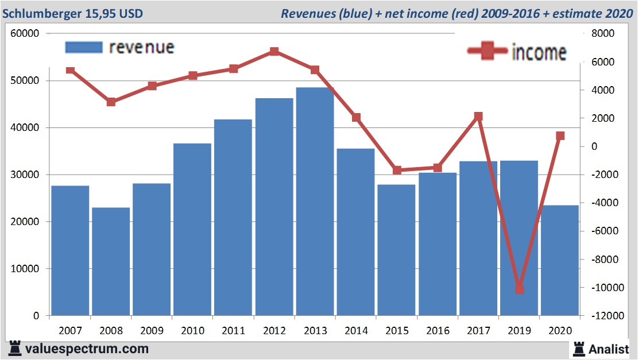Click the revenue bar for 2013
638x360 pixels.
pyautogui.click(x=315, y=201)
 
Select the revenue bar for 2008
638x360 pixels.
pyautogui.click(x=111, y=261)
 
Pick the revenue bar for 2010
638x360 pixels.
pyautogui.click(x=192, y=229)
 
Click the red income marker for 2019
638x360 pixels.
pyautogui.click(x=519, y=289)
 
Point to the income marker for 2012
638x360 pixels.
pyautogui.click(x=274, y=52)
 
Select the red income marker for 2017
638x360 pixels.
pyautogui.click(x=478, y=117)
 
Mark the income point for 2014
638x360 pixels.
pyautogui.click(x=356, y=118)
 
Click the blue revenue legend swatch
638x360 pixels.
pyautogui.click(x=84, y=47)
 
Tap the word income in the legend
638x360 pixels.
pyautogui.click(x=539, y=52)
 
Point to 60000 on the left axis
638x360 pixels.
pyautogui.click(x=25, y=33)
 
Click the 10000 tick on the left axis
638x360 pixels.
pyautogui.click(x=25, y=269)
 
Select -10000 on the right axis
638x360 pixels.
pyautogui.click(x=601, y=288)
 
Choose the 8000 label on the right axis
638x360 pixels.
pyautogui.click(x=603, y=33)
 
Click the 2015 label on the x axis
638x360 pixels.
pyautogui.click(x=397, y=331)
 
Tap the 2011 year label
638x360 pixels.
pyautogui.click(x=233, y=331)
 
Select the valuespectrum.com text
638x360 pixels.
pyautogui.click(x=87, y=349)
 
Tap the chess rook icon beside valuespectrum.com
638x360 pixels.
pyautogui.click(x=15, y=349)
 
